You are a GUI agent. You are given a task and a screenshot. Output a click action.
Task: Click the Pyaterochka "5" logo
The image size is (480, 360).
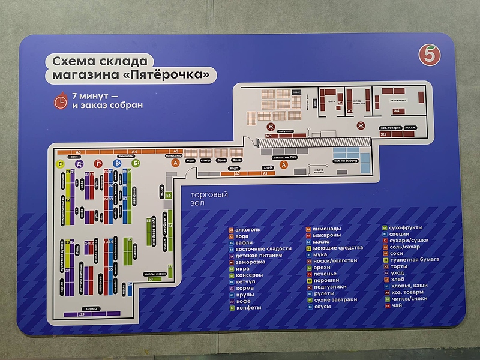click(427, 56)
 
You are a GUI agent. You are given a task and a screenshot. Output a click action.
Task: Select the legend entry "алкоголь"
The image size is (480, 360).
click(247, 229)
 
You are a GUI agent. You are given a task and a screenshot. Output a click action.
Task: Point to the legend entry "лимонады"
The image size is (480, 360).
click(326, 229)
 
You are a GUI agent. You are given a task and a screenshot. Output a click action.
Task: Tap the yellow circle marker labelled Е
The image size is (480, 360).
click(60, 163)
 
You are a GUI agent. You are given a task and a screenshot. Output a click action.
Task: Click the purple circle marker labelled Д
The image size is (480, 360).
click(79, 163)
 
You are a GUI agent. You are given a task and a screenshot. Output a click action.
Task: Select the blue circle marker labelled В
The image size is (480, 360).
click(117, 163)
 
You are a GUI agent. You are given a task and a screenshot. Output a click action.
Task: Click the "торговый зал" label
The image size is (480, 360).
click(210, 199)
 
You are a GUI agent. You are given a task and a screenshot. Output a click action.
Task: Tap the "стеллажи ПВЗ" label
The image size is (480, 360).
click(284, 157)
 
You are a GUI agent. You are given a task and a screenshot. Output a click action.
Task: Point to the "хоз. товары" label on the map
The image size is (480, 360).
click(391, 128)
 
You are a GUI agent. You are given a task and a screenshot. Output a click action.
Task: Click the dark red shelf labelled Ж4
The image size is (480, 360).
click(396, 111)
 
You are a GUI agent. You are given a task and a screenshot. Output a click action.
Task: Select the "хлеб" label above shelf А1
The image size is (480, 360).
click(268, 168)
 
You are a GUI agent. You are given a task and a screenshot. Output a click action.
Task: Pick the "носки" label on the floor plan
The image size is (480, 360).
click(410, 128)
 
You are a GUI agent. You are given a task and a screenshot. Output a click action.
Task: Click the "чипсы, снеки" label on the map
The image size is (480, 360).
click(155, 274)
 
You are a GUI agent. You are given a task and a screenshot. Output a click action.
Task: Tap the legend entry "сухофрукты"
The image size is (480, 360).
click(406, 229)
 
